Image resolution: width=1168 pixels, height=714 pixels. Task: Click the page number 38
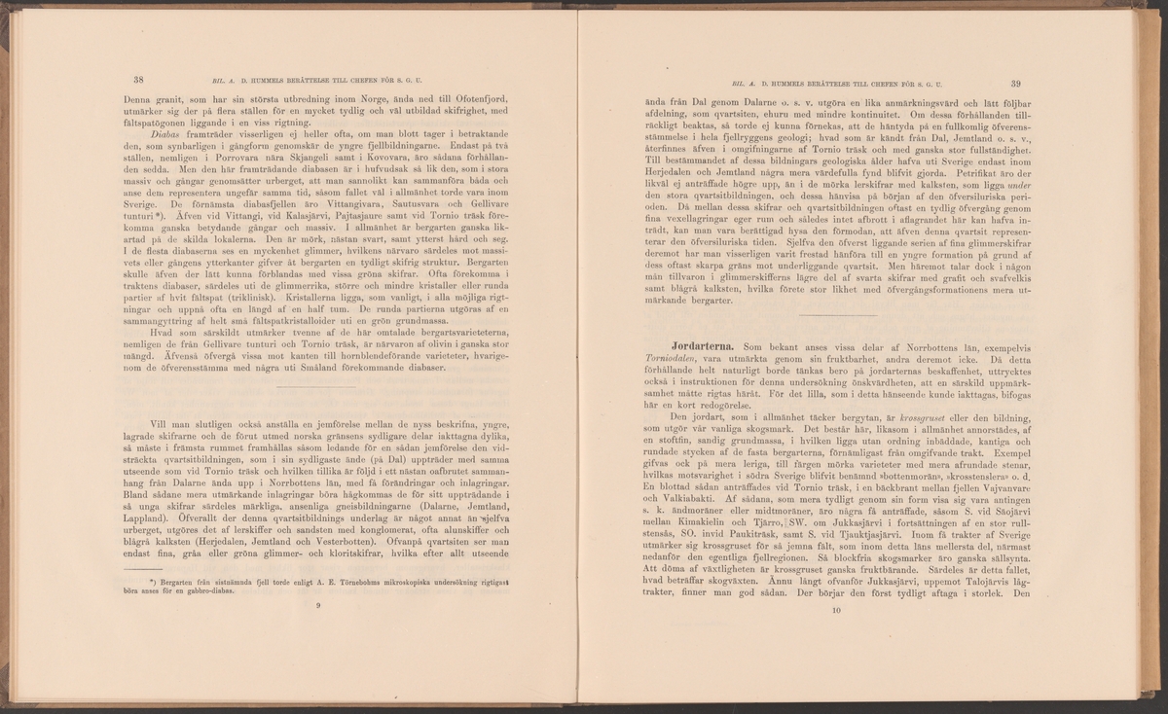point(138,81)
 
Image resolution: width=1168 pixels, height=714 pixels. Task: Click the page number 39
point(1015,84)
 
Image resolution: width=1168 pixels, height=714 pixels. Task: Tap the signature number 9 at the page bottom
point(318,605)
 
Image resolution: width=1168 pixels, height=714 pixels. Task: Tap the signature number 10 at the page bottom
point(835,611)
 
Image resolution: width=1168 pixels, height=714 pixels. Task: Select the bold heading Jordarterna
point(701,347)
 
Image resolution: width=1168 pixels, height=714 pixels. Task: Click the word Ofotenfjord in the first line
point(478,100)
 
